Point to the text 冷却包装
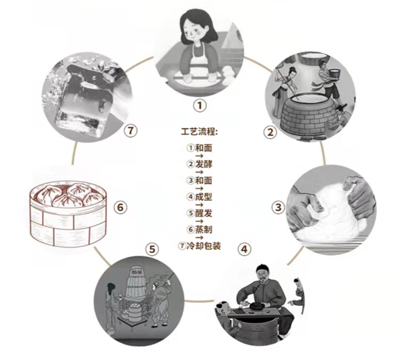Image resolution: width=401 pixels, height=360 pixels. click(x=208, y=246)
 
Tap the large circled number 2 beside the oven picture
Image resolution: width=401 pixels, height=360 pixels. click(x=269, y=132)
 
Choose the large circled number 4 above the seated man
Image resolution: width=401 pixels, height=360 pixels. click(x=245, y=248)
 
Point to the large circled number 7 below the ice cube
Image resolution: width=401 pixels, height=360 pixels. click(x=130, y=131)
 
